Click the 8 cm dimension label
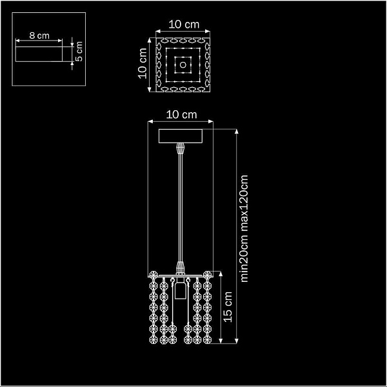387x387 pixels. [39, 35]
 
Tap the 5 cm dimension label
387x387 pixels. [79, 52]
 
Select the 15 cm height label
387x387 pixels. [228, 307]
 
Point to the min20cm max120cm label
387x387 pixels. [244, 228]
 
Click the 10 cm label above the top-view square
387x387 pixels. [184, 25]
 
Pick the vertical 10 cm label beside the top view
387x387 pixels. [143, 63]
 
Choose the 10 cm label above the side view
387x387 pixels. [181, 115]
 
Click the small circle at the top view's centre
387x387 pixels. [183, 64]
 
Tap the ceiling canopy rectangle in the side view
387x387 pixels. [181, 136]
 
